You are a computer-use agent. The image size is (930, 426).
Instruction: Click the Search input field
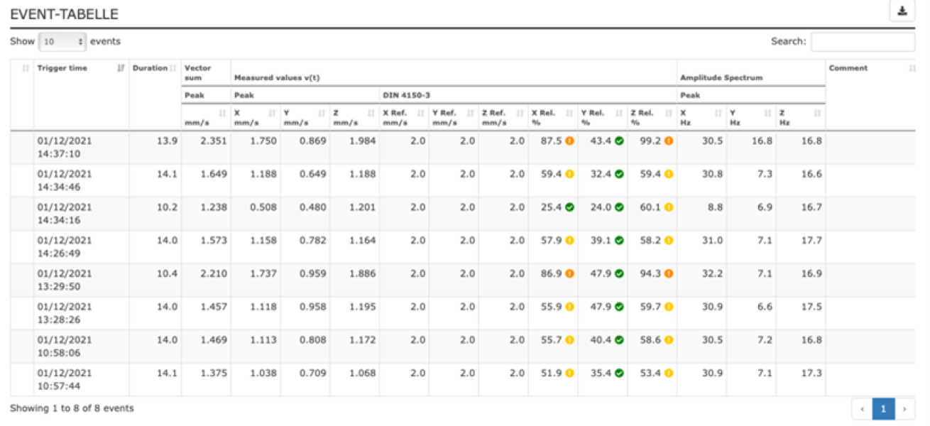pyautogui.click(x=863, y=42)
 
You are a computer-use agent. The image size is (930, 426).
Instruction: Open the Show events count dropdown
pyautogui.click(x=62, y=42)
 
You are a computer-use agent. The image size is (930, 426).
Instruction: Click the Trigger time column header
pyautogui.click(x=62, y=68)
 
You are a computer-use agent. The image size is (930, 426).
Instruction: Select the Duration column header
pyautogui.click(x=150, y=68)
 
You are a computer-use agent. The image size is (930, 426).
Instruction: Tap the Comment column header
pyautogui.click(x=848, y=68)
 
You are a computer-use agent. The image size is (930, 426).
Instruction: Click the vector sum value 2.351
pyautogui.click(x=213, y=141)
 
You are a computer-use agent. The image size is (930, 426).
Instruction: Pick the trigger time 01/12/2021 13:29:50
pyautogui.click(x=65, y=280)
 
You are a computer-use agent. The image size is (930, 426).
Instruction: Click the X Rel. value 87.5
pyautogui.click(x=551, y=141)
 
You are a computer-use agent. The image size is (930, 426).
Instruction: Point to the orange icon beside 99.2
pyautogui.click(x=668, y=141)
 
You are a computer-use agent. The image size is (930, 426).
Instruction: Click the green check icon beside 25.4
pyautogui.click(x=569, y=207)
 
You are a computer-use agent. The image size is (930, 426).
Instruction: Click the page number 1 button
pyautogui.click(x=883, y=409)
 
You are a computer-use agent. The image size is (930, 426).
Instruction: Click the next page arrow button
pyautogui.click(x=904, y=409)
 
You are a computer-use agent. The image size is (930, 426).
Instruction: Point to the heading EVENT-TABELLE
pyautogui.click(x=64, y=14)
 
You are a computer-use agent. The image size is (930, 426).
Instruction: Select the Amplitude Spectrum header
pyautogui.click(x=711, y=77)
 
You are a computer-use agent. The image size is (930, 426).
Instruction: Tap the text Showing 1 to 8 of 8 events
pyautogui.click(x=72, y=408)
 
